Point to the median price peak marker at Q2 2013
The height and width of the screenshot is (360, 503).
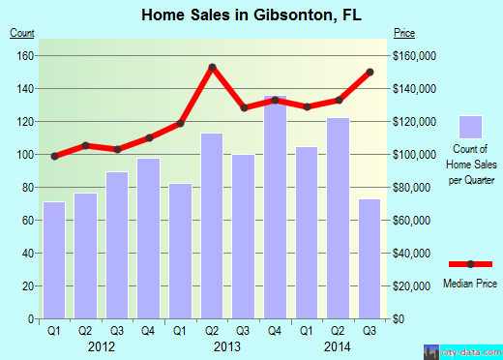[x=212, y=68]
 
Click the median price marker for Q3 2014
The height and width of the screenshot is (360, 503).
[x=370, y=72]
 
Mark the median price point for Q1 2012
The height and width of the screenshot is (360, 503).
[x=54, y=156]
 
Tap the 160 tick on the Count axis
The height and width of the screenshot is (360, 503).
[x=25, y=56]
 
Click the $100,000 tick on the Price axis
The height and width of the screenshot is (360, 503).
[x=413, y=155]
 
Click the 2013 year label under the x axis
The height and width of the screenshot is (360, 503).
[x=227, y=345]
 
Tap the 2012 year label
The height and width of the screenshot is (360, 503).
[x=102, y=345]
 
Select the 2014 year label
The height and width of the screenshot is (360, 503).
[x=338, y=345]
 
